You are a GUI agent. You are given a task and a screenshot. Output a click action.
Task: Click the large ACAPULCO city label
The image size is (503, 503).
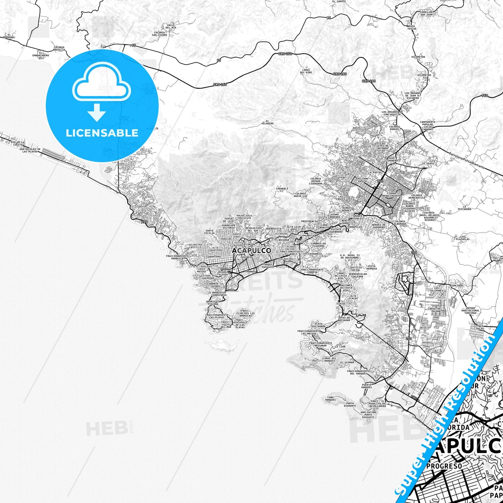251,251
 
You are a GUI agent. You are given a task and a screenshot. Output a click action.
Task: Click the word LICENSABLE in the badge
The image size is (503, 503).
102,133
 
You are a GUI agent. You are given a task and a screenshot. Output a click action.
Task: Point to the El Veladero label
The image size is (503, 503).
267,123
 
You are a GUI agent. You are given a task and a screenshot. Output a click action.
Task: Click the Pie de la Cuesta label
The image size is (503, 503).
18,143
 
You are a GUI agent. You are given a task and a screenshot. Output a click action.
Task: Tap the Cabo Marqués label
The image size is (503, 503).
331,399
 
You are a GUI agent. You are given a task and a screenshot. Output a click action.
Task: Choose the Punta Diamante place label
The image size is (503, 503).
350,404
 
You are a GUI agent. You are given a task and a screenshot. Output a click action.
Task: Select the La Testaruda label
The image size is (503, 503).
464,208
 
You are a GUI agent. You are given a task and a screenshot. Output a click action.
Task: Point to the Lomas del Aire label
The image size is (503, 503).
306,71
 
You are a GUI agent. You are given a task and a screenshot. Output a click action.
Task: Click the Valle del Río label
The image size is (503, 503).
171,26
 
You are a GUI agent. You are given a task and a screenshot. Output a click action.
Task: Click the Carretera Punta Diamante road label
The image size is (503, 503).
467,160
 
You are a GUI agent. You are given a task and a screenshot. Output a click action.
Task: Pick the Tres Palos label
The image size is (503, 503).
480,328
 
